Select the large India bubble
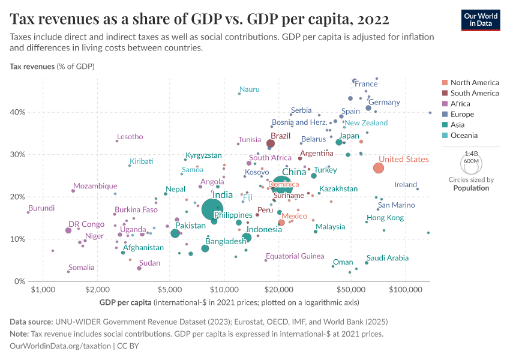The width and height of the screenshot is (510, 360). (214, 209)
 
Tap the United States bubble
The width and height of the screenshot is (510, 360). (379, 167)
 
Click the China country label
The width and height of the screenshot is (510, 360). (294, 172)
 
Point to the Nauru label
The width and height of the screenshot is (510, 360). (250, 89)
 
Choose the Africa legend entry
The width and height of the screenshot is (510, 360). (461, 104)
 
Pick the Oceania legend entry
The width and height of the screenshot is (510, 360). (465, 136)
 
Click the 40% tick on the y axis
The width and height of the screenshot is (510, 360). (17, 112)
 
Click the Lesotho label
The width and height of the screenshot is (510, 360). (130, 137)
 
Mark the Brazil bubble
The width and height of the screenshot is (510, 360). (271, 143)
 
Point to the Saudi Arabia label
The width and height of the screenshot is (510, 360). (388, 258)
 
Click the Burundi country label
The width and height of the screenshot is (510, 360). (41, 208)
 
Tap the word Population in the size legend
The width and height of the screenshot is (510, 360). (471, 188)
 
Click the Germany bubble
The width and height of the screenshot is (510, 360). (368, 108)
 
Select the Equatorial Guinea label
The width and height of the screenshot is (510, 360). (295, 256)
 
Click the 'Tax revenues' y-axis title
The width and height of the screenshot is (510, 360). (32, 66)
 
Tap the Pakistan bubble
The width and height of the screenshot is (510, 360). (175, 233)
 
